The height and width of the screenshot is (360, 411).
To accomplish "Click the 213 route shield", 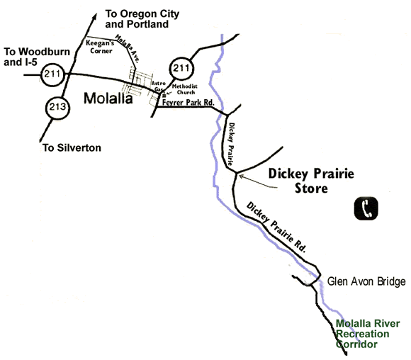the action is coord(57,108).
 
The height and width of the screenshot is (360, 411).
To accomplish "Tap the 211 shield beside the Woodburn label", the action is coord(52,74).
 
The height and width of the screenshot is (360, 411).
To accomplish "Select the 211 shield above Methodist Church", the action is coord(181,69).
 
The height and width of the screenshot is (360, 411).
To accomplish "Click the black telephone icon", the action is coord(366,208).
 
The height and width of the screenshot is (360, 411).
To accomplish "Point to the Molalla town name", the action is coord(108,99).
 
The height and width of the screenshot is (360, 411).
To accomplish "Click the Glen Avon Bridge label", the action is coord(366,281).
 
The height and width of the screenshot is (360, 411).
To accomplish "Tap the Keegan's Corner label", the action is coord(100,47).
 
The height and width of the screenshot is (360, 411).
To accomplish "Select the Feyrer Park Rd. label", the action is coord(188,102).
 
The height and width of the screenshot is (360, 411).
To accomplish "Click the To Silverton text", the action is coord(72,147).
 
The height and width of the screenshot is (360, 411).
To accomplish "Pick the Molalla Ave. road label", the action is coord(128,48).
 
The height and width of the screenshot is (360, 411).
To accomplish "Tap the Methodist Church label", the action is coord(185,89).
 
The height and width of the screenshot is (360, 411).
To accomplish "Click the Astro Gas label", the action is coord(159,86).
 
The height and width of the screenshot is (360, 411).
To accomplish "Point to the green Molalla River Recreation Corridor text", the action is coord(368,334).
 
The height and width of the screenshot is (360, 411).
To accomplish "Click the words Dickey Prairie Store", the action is coord(311,181).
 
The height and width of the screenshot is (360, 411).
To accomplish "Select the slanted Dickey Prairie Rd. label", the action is coord(276,227).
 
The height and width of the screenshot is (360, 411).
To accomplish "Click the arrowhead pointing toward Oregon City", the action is coord(94,17).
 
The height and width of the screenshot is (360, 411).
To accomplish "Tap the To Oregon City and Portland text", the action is coord(142,19).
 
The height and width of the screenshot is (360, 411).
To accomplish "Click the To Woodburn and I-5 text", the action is coord(37,57).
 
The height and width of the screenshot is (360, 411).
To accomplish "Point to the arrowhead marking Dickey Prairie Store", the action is coord(242,176).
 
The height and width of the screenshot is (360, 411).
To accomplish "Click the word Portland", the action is coord(148,24).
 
